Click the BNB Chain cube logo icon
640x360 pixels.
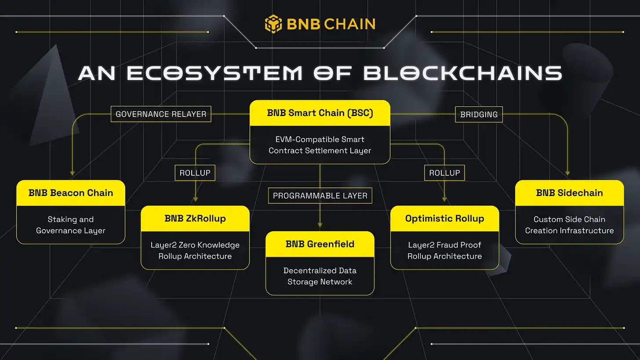(x=273, y=24)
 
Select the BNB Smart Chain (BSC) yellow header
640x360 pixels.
(x=320, y=113)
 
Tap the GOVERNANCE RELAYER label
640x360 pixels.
(x=161, y=114)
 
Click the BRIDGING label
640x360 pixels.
(x=479, y=114)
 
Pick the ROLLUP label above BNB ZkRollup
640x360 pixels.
(x=195, y=173)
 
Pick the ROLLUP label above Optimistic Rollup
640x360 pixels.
(x=444, y=173)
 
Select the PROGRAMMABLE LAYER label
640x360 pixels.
(x=320, y=196)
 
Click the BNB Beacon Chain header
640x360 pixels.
(x=71, y=193)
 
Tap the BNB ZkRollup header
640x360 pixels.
(x=195, y=218)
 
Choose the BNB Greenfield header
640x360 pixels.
(x=320, y=244)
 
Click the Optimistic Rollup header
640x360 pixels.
(x=444, y=218)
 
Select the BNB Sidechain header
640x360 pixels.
(x=569, y=193)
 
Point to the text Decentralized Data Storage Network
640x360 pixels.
(x=320, y=276)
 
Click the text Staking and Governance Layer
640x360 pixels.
(x=71, y=225)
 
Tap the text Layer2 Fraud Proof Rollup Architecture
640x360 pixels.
(x=444, y=251)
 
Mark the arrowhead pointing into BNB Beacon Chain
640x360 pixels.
(x=73, y=174)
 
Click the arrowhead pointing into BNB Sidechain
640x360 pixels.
(x=568, y=174)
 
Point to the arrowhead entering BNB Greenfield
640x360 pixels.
(x=320, y=225)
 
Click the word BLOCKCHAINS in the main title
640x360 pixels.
(x=463, y=73)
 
